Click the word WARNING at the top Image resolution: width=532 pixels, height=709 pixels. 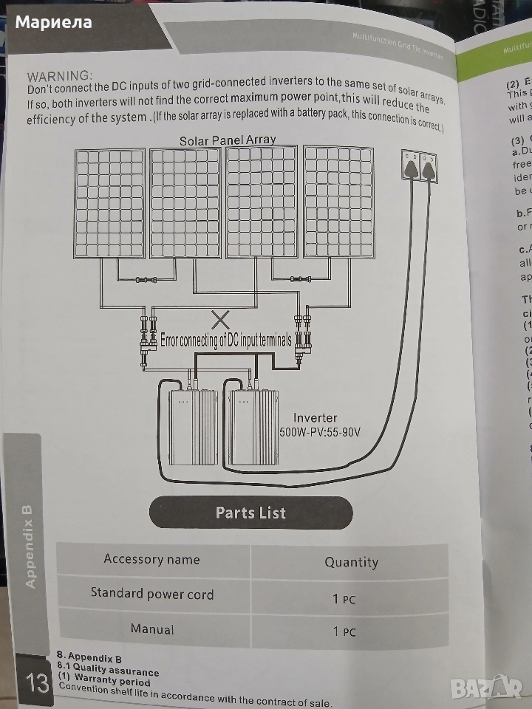pyautogui.click(x=60, y=75)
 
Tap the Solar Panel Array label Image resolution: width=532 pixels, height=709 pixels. pyautogui.click(x=228, y=140)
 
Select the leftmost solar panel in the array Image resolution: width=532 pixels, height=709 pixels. pyautogui.click(x=109, y=202)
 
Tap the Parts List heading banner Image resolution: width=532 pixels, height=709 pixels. pyautogui.click(x=250, y=513)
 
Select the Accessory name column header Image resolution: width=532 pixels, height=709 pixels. pyautogui.click(x=151, y=559)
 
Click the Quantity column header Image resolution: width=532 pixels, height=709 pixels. pyautogui.click(x=351, y=562)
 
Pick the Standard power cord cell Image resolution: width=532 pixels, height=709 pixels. pyautogui.click(x=152, y=593)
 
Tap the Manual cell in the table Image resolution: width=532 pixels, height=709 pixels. pyautogui.click(x=152, y=629)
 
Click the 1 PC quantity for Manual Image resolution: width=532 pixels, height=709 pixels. pyautogui.click(x=344, y=631)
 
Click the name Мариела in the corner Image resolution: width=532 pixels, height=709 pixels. pyautogui.click(x=54, y=21)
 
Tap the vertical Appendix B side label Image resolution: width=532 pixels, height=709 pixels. pyautogui.click(x=30, y=547)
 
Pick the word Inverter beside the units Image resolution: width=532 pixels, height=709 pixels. pyautogui.click(x=316, y=418)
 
